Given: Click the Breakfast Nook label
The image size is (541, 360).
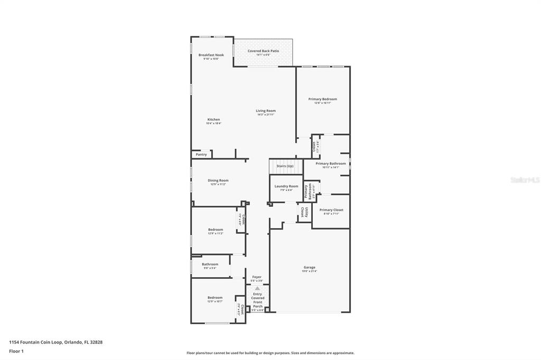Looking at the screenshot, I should coord(211,55).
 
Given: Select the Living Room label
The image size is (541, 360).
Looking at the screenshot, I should coord(266,111).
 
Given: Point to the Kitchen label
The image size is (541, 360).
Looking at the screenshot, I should coord(213,120).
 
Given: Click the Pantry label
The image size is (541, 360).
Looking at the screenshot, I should coord(201,155).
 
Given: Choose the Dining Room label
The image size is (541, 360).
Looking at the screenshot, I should coord(218,181).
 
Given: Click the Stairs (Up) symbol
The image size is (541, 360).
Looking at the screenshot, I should coord(285,166).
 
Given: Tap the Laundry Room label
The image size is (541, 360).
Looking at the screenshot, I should coord(286,187).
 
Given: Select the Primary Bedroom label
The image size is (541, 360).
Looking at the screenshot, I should coord(322,100).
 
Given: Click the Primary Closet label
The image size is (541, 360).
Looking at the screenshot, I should coord(331,211).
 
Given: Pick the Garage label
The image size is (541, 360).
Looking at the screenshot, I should coord(309,268).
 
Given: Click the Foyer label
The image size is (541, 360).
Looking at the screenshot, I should coord(257,278).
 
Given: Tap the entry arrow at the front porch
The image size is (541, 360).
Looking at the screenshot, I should coord(257,288).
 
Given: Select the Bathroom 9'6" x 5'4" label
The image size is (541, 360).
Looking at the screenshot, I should coord(210,265).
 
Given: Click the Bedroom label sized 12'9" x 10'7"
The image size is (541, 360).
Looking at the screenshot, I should coord(215,298).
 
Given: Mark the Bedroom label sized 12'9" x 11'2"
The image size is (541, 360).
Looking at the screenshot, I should coord(216,230).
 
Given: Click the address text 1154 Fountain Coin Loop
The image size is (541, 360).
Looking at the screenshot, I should coord(55,342).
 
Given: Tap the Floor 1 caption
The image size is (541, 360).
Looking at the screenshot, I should coord(17,351).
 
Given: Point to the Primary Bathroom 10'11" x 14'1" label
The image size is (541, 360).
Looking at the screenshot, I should coord(331,164).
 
